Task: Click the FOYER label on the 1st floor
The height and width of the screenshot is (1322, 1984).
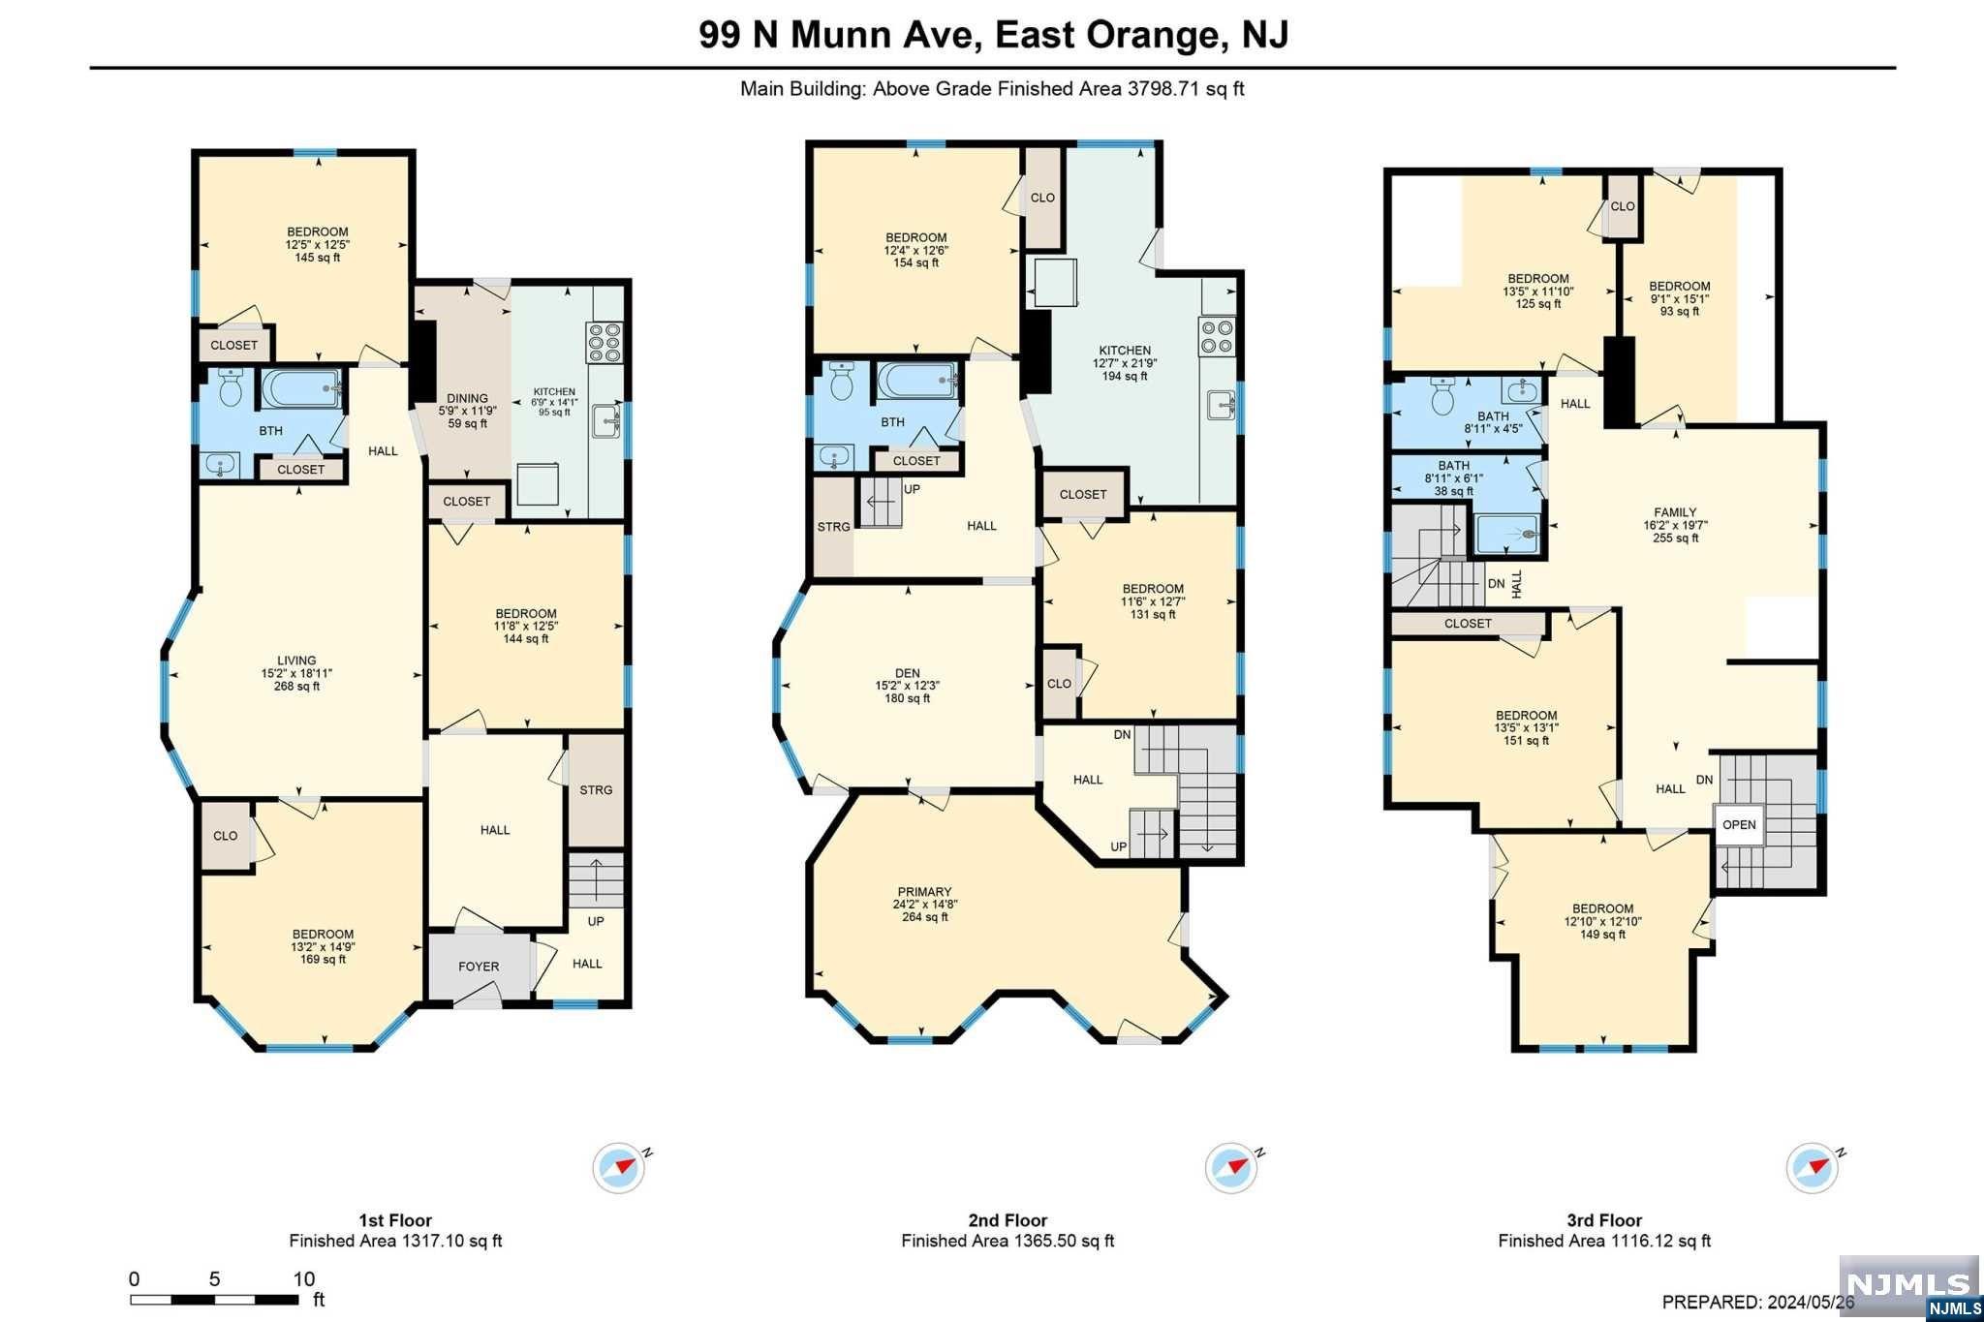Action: tap(479, 967)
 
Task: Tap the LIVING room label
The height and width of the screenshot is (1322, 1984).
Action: tap(296, 661)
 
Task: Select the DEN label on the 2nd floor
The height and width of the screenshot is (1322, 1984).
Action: tap(908, 673)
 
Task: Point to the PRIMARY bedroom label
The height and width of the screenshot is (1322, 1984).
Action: tap(924, 892)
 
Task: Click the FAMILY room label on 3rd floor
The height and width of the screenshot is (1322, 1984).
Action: tap(1675, 512)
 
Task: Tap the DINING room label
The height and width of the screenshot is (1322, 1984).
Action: tap(467, 398)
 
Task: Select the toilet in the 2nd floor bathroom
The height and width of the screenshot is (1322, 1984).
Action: tap(841, 381)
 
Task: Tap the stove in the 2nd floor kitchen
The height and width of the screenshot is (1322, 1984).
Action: tap(1217, 336)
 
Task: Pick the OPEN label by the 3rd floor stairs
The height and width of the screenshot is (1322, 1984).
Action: tap(1739, 825)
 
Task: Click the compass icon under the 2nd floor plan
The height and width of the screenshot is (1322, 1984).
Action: tap(1232, 1168)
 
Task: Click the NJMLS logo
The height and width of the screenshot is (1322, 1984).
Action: tap(1908, 1285)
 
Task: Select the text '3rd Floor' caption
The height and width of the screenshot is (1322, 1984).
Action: tap(1604, 1220)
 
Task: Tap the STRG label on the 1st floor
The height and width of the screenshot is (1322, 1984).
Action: tap(596, 790)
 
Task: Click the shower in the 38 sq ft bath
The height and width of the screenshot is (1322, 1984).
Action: tap(1506, 534)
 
